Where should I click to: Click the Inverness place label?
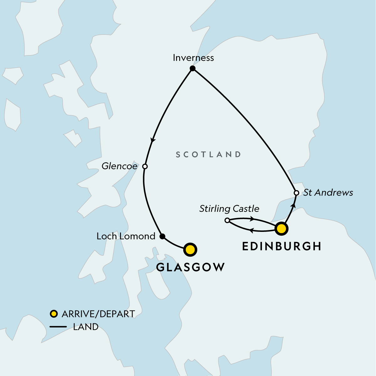tap(193, 58)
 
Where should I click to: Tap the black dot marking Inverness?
tap(193, 68)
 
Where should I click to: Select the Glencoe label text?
tap(119, 166)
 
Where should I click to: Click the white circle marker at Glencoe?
tap(145, 166)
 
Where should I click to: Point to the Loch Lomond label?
tap(126, 236)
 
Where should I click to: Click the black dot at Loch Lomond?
tap(162, 236)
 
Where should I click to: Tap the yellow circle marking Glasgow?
tap(190, 250)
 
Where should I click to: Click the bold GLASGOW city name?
tap(191, 267)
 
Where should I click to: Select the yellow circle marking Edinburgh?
tap(281, 229)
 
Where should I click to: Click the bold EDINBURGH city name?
tap(282, 246)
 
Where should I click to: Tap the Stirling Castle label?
tap(229, 209)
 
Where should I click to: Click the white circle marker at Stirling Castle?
tap(227, 221)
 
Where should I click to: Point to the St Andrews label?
tap(328, 192)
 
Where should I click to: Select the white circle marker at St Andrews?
tap(296, 193)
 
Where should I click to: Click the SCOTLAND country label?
tap(208, 154)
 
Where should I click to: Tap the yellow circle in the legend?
tap(54, 314)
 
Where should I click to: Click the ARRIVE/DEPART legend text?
tap(98, 314)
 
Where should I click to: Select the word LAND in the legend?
tap(86, 327)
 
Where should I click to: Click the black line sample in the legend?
tap(58, 327)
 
